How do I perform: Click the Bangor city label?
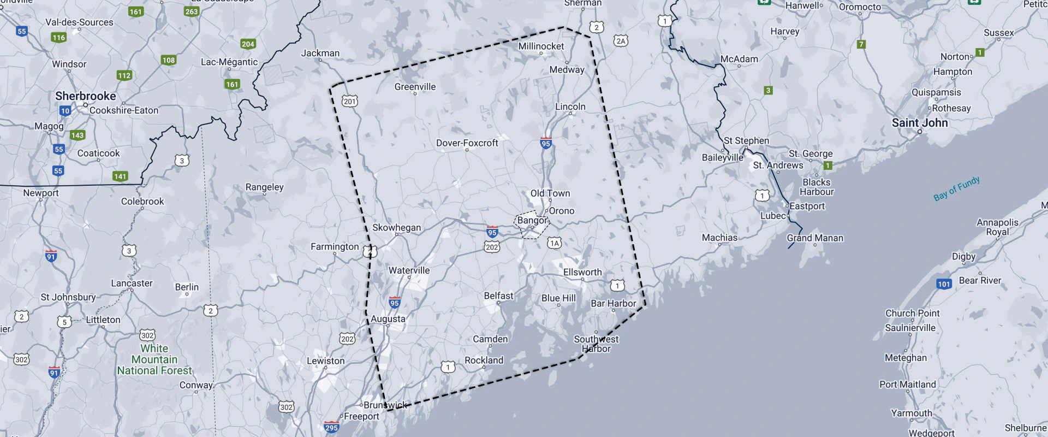pos(532,220)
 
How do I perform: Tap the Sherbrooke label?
pos(86,96)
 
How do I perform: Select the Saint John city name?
pos(920,123)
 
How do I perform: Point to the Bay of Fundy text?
pos(956,188)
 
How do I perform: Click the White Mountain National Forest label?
pos(154,359)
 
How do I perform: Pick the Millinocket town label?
pos(541,46)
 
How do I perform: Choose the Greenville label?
pos(415,87)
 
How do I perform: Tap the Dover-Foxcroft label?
pos(467,143)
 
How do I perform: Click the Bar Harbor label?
pos(613,304)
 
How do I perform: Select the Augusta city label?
pos(388,319)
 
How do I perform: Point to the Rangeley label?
pos(264,187)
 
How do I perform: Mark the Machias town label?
pos(719,238)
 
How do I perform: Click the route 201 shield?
pos(350,101)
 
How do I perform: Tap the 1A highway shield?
pos(555,243)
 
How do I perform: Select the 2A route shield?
pos(621,41)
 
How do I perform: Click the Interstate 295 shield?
pos(331,427)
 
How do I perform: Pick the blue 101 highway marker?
pos(944,284)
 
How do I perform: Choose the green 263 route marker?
pos(192,11)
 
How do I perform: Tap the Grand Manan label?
pos(814,238)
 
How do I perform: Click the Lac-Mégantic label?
pos(229,62)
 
